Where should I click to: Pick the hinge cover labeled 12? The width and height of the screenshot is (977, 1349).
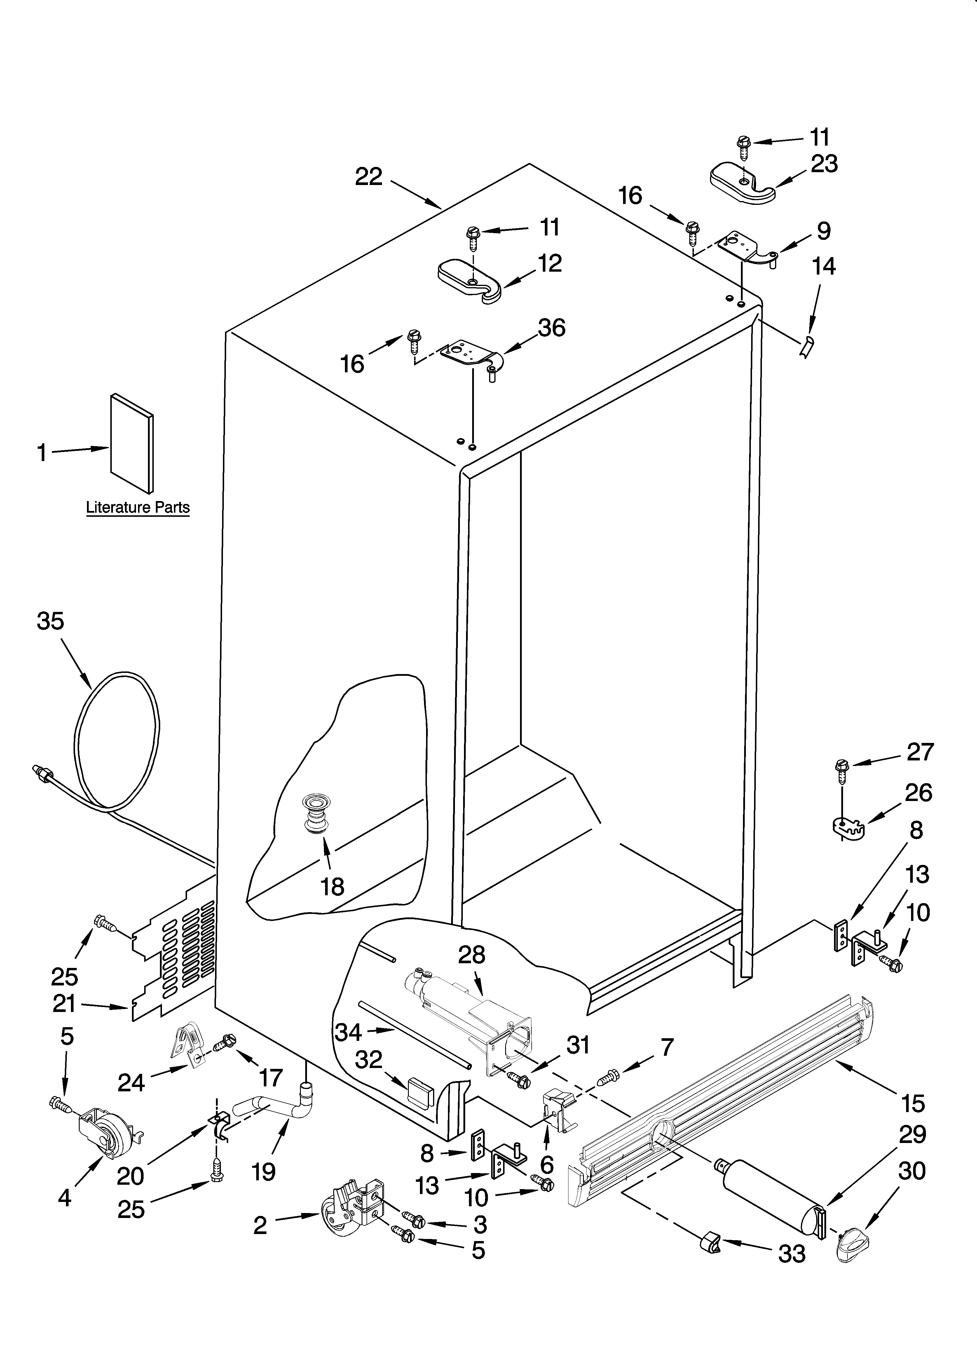coord(470,281)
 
